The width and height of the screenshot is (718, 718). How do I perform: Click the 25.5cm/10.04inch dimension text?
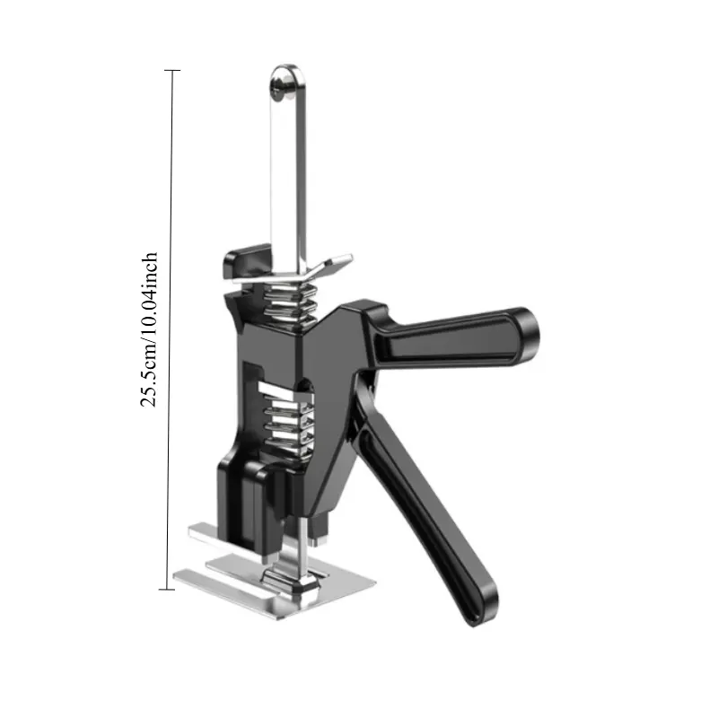[149, 328]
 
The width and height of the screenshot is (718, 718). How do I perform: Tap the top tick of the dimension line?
[172, 71]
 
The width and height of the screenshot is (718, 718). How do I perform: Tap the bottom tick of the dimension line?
[167, 589]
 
